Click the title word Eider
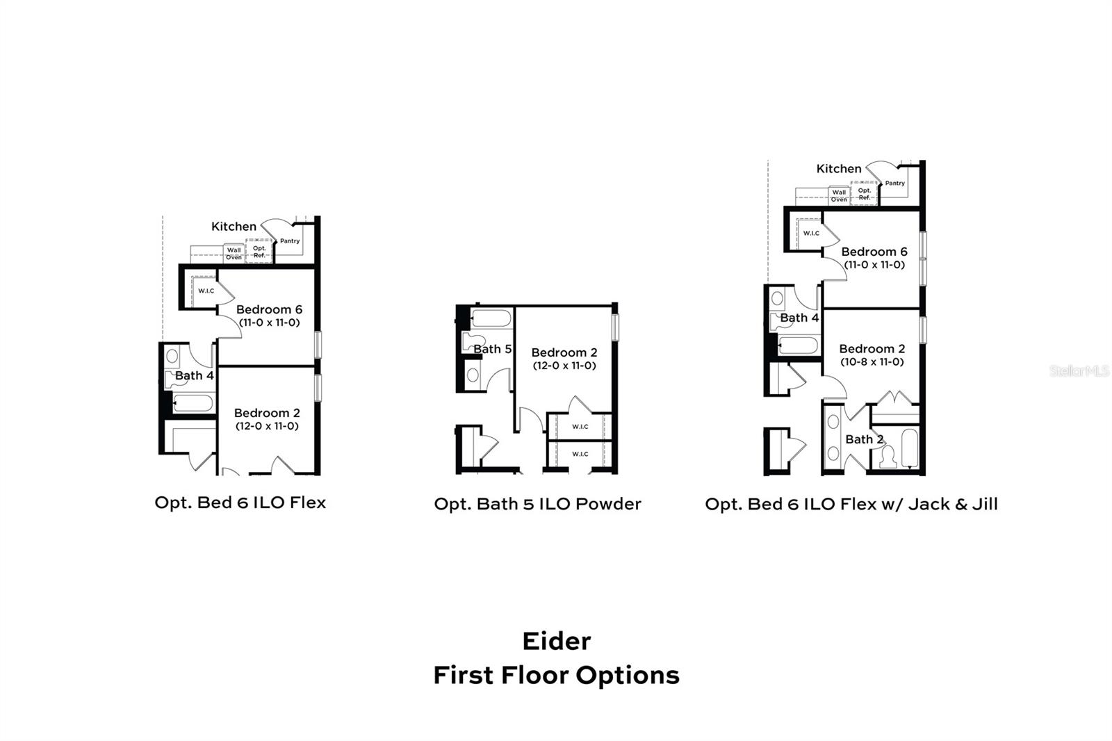[556, 641]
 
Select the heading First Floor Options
[556, 675]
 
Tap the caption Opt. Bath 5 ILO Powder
[537, 504]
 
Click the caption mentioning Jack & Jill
[851, 504]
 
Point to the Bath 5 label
[492, 349]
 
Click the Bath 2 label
[864, 439]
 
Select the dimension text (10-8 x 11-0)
[872, 362]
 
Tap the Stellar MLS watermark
[1079, 370]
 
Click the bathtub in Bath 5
[491, 319]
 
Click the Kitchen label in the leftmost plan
[234, 227]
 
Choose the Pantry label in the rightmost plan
[894, 184]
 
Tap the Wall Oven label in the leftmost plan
[234, 254]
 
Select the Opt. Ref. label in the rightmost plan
[864, 194]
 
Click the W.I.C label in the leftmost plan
[206, 291]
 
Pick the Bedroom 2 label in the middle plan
[564, 353]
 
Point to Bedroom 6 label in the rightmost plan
[874, 252]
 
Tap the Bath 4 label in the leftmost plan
[194, 376]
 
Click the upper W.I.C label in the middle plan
[580, 427]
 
